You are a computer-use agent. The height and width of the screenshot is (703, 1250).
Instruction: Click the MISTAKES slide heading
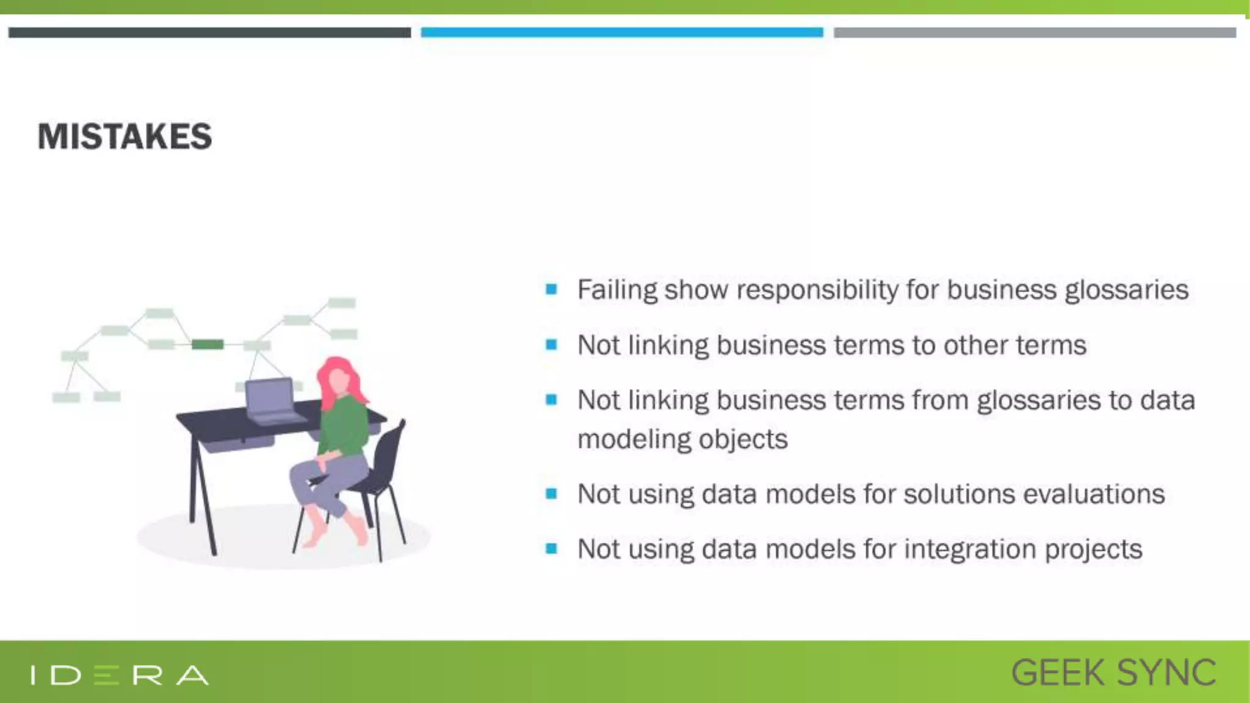click(x=125, y=136)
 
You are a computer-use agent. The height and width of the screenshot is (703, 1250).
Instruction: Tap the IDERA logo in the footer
click(x=120, y=675)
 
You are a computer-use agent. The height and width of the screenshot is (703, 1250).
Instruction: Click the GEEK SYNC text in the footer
click(x=1113, y=673)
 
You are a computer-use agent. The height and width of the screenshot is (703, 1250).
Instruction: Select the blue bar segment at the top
click(x=621, y=32)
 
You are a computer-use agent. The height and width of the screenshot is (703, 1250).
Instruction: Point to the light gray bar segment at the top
click(x=1035, y=32)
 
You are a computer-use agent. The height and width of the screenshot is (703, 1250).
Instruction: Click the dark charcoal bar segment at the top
click(x=209, y=32)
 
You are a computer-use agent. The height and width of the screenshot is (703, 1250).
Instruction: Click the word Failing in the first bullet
click(x=617, y=290)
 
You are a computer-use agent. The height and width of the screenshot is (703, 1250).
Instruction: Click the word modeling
click(x=630, y=439)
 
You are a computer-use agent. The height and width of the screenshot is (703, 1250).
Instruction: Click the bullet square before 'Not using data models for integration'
click(x=551, y=549)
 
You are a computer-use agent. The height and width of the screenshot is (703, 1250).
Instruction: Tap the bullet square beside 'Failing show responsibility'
click(x=551, y=289)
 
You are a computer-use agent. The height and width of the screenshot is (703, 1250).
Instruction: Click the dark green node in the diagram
click(x=208, y=345)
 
